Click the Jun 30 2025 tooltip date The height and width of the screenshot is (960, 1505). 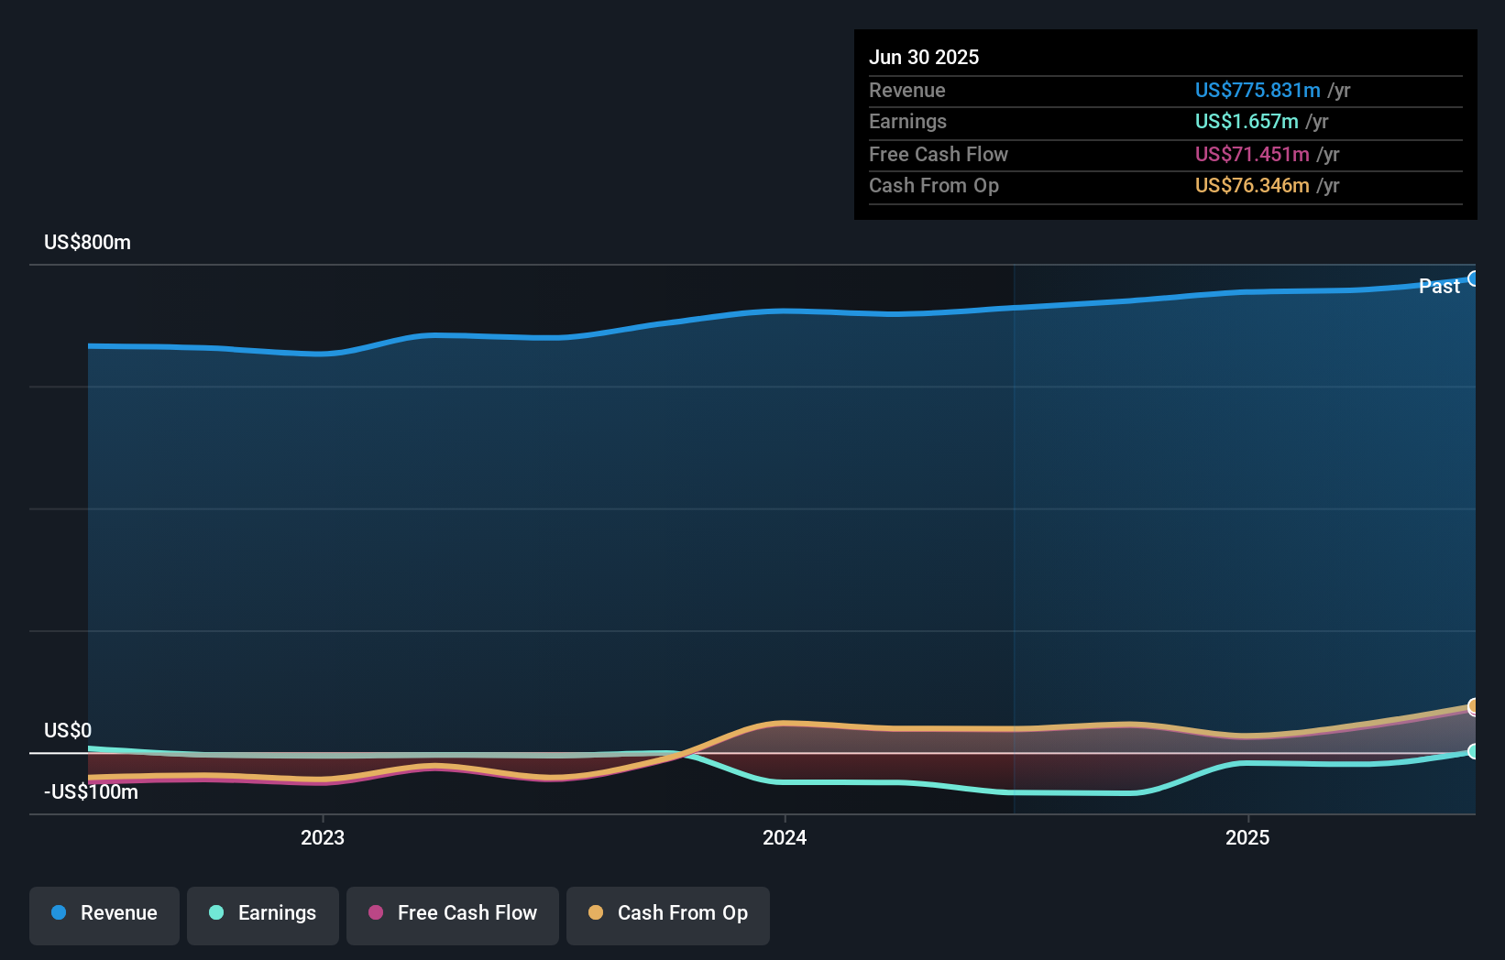click(x=923, y=57)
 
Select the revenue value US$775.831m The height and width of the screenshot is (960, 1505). click(x=1257, y=90)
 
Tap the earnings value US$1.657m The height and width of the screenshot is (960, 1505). click(x=1246, y=121)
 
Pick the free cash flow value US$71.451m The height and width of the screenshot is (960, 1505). click(x=1251, y=154)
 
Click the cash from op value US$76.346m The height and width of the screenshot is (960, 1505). click(x=1251, y=185)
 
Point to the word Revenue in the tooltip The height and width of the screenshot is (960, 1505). click(x=906, y=90)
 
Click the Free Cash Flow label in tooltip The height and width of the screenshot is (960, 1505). click(x=938, y=154)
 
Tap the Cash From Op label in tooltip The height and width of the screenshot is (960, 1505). click(x=933, y=185)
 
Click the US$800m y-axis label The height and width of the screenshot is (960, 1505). click(x=87, y=242)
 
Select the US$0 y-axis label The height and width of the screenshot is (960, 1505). click(x=68, y=730)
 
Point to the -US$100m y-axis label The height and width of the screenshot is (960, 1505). click(x=91, y=791)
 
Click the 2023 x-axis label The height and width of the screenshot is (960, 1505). click(x=323, y=837)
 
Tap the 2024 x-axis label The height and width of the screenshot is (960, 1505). click(x=785, y=837)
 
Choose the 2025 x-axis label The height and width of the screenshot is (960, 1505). click(x=1247, y=837)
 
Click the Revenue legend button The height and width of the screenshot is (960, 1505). click(x=104, y=913)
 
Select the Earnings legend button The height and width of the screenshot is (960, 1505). click(x=263, y=913)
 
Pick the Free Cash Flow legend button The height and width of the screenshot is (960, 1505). click(x=453, y=913)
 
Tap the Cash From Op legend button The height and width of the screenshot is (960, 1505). click(x=668, y=913)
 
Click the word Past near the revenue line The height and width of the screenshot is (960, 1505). click(x=1438, y=286)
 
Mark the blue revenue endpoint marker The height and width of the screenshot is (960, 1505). click(x=1473, y=278)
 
